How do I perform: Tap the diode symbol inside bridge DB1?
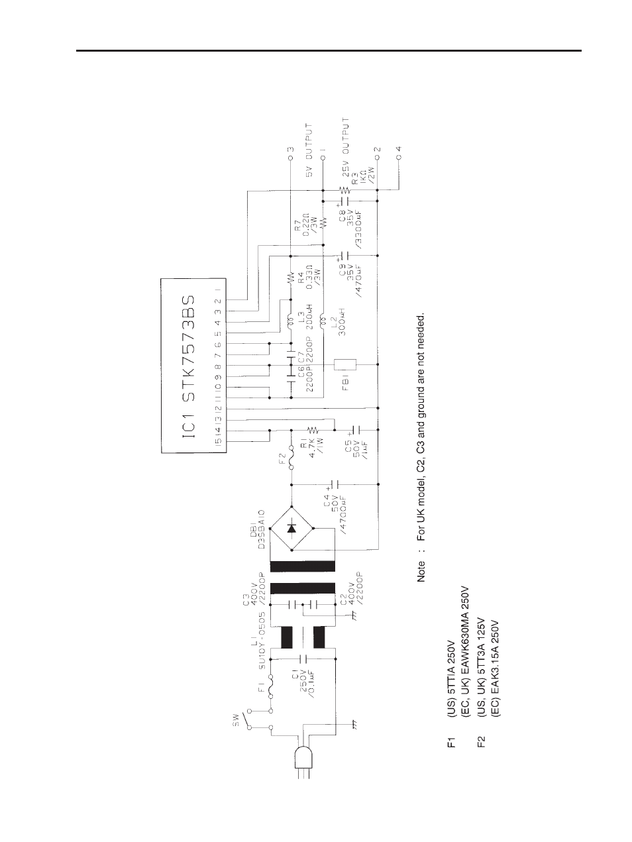291,527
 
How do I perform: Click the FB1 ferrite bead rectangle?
346,364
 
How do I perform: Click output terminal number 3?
290,150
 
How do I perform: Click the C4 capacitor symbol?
335,484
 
